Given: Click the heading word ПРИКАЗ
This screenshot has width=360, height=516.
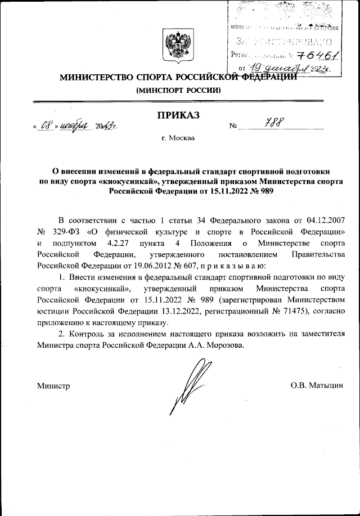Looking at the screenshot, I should pyautogui.click(x=179, y=115).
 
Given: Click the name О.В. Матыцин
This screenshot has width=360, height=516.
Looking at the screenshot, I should pyautogui.click(x=317, y=385).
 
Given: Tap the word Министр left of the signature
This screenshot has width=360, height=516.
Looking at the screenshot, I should pyautogui.click(x=53, y=385).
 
